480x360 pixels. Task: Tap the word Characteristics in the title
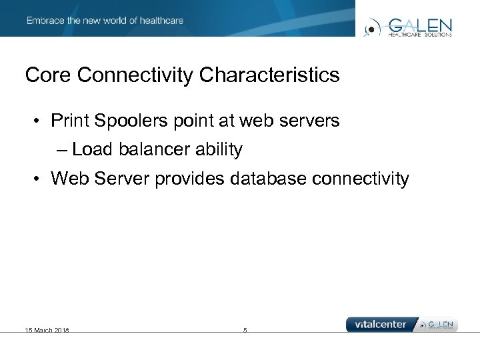coord(269,75)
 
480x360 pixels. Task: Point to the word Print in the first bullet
coord(70,121)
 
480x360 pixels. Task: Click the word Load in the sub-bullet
coord(93,150)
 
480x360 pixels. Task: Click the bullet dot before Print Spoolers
coord(39,122)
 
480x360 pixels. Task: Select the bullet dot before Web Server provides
coord(39,179)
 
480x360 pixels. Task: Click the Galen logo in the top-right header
coord(409,27)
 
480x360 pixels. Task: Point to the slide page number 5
coord(245,330)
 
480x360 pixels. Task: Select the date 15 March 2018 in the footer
coord(47,330)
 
